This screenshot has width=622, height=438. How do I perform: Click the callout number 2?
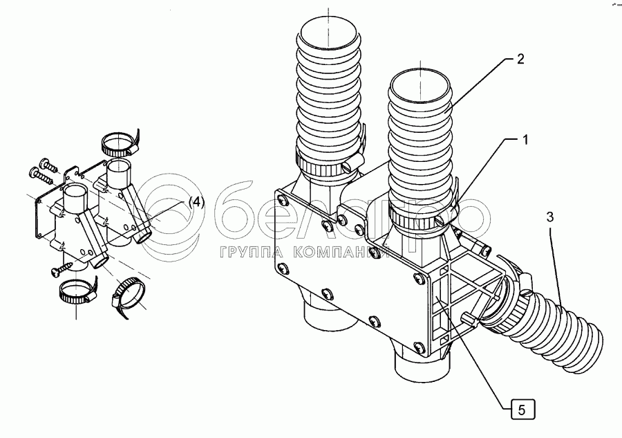coord(520,60)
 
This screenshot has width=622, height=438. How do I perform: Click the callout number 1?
coord(525,140)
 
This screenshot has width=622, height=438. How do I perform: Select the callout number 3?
coord(550,217)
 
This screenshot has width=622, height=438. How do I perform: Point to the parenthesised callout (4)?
coord(197,202)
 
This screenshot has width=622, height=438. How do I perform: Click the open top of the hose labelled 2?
coord(418,84)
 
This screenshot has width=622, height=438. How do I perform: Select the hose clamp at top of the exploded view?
coord(118,144)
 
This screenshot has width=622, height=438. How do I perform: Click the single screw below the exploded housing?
coord(60,267)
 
